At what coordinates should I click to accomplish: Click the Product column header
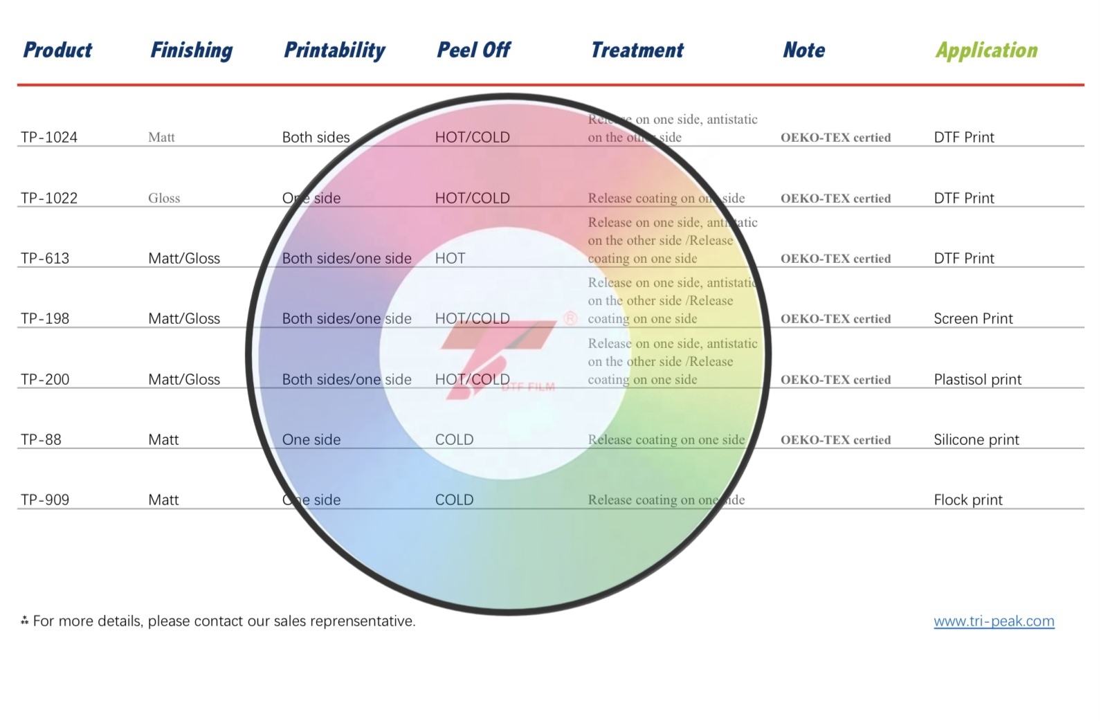(57, 50)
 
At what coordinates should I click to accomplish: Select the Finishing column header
(192, 50)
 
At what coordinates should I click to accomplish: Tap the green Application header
(986, 50)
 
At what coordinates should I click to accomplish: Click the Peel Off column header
(473, 50)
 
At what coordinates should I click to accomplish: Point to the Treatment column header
(637, 50)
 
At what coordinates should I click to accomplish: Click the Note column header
(803, 50)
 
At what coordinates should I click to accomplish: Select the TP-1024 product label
(49, 137)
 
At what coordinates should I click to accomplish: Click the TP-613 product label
(45, 258)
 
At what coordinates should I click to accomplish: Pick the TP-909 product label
(45, 500)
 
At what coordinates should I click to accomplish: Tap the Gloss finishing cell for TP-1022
(164, 198)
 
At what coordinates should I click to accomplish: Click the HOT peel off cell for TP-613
(450, 258)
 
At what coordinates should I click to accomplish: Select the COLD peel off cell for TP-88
(454, 439)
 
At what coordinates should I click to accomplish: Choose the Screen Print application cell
(973, 318)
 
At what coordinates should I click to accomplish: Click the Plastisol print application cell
(977, 379)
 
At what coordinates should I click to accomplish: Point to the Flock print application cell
(967, 500)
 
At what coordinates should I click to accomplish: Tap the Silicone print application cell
(976, 439)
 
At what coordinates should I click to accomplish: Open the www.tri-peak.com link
(994, 621)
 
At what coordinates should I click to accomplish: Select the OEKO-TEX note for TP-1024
(835, 137)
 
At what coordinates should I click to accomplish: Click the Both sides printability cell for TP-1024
(316, 137)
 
